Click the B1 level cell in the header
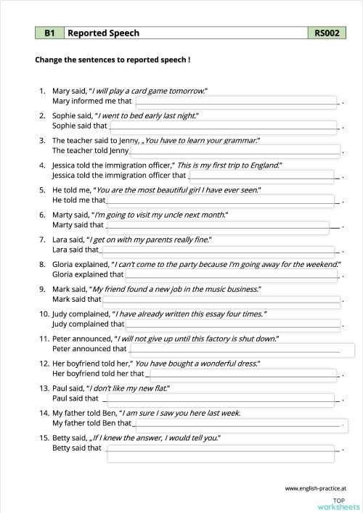pyautogui.click(x=49, y=33)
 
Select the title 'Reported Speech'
pyautogui.click(x=103, y=33)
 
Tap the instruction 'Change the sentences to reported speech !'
pyautogui.click(x=113, y=60)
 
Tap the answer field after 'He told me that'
pyautogui.click(x=221, y=200)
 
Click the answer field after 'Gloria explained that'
pyautogui.click(x=232, y=275)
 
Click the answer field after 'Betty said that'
pyautogui.click(x=222, y=449)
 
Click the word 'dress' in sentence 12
pyautogui.click(x=246, y=363)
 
